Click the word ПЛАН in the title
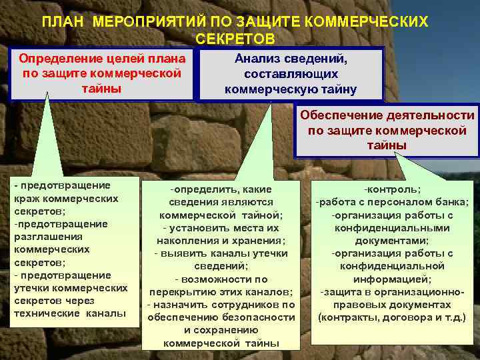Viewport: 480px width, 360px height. [x=64, y=23]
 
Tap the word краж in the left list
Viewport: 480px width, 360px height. [x=27, y=199]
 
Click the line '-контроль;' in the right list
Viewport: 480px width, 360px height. [x=392, y=190]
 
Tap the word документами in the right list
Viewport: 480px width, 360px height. [x=392, y=241]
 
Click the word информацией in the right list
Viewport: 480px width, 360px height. [x=392, y=279]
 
